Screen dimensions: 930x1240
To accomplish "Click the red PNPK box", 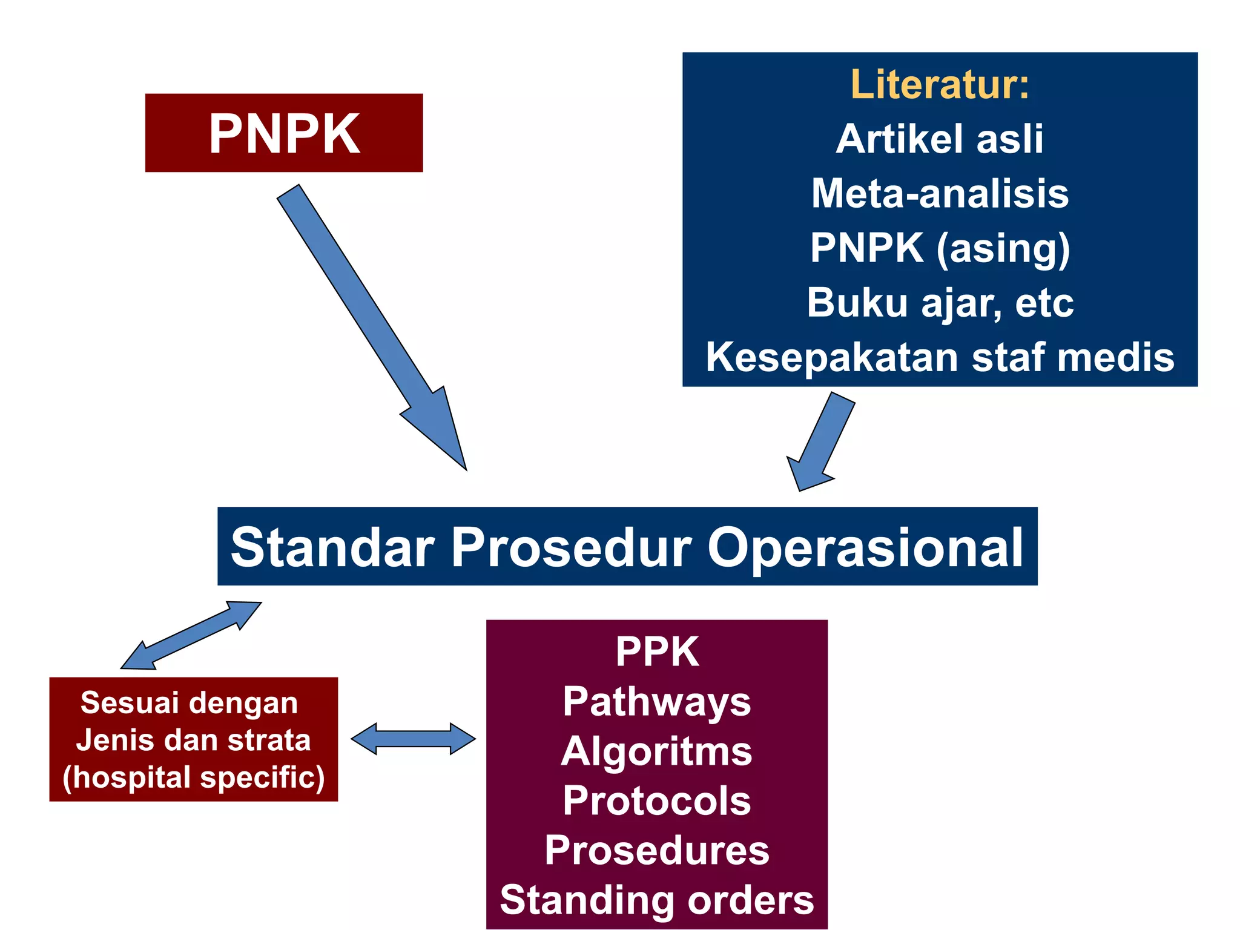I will click(283, 133).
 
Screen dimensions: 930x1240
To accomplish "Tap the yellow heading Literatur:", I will click(939, 84).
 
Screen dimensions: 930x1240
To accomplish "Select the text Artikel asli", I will click(939, 139).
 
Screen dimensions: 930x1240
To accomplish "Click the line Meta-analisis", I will click(939, 194).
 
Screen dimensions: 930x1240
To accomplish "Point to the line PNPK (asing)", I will click(939, 248).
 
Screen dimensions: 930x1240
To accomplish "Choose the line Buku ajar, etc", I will click(939, 303).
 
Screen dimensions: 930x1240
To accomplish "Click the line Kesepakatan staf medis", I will click(939, 357).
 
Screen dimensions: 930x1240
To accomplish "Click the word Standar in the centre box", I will click(332, 547).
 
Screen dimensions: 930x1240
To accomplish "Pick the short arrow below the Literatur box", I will click(820, 442).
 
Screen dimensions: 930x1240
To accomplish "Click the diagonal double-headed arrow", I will click(191, 635).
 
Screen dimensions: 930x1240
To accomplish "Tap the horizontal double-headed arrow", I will click(414, 739).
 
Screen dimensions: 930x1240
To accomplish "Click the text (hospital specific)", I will click(194, 777).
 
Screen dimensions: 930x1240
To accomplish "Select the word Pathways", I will click(656, 702).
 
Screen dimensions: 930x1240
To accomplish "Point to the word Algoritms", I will click(656, 751).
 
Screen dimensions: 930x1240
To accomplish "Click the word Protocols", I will click(656, 801).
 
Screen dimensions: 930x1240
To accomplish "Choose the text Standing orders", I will click(656, 900).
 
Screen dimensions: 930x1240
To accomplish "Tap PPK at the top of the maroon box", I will click(657, 652).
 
